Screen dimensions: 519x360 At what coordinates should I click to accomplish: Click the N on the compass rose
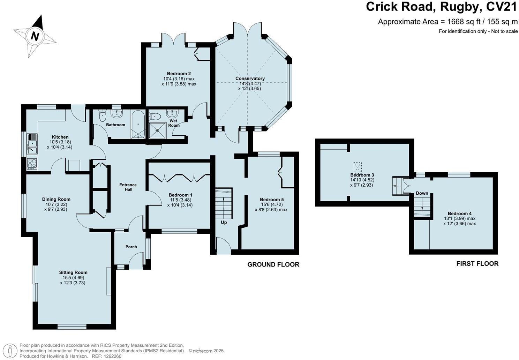(x=35, y=36)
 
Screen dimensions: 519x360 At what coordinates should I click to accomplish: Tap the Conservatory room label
(x=250, y=78)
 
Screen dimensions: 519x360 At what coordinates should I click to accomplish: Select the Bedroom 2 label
(x=179, y=74)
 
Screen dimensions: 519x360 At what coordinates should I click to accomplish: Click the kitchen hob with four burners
(x=32, y=164)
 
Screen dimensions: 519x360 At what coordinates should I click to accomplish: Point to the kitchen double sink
(x=32, y=144)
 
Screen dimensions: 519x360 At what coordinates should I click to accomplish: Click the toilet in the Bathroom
(x=102, y=115)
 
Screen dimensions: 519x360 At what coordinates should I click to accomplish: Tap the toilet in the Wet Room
(x=155, y=116)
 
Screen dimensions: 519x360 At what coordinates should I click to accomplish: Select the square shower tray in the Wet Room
(x=158, y=130)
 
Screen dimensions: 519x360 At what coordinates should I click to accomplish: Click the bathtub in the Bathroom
(x=138, y=124)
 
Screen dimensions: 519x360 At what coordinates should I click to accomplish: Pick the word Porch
(x=131, y=247)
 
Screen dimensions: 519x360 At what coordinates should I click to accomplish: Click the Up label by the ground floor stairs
(x=224, y=223)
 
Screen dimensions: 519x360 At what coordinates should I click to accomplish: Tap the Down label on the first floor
(x=422, y=193)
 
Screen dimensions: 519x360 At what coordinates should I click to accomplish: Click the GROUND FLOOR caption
(x=273, y=264)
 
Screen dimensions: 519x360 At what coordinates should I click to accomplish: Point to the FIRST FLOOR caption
(x=477, y=264)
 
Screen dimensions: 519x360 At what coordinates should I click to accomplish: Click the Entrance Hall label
(x=128, y=187)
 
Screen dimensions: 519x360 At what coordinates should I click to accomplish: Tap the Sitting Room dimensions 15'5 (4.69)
(x=73, y=278)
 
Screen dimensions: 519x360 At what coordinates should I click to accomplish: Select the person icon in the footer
(x=10, y=351)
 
